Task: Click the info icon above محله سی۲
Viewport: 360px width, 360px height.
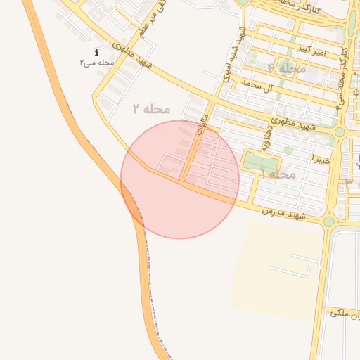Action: click(96, 53)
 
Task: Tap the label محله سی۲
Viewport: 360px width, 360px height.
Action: click(96, 63)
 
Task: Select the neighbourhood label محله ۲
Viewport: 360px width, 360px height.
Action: click(152, 108)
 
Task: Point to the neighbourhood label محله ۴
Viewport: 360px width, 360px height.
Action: click(287, 68)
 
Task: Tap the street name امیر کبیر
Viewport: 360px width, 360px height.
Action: click(311, 49)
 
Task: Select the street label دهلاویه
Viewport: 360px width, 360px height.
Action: click(268, 136)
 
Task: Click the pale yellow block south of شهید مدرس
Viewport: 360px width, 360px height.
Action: click(274, 267)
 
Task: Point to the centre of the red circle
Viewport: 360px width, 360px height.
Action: click(180, 179)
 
